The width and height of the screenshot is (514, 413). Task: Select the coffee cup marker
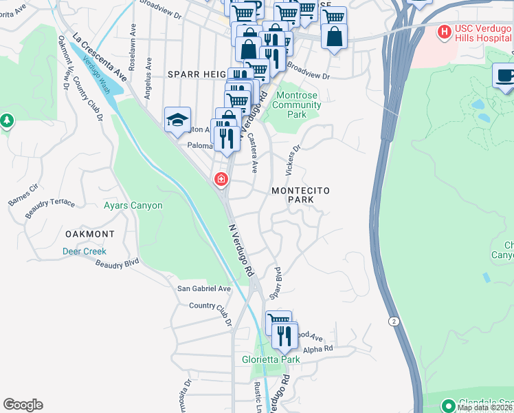point(505,76)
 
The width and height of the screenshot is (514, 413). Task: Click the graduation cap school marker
point(177,119)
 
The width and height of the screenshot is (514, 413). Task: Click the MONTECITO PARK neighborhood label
point(301,195)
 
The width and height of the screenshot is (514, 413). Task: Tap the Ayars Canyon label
point(133,206)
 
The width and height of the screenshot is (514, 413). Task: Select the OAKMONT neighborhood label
point(89,234)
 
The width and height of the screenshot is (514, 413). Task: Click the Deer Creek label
point(85,252)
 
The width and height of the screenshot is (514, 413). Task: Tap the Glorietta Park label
point(271,360)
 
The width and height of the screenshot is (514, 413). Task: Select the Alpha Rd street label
point(317,349)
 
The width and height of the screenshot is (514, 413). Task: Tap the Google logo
point(23,405)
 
